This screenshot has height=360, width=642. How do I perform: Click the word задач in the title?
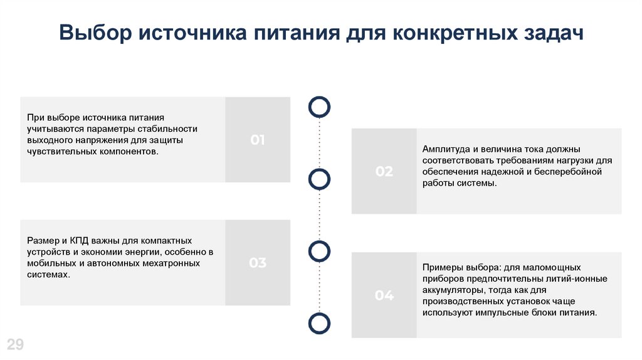(x=552, y=33)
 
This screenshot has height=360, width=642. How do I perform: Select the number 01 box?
(x=258, y=140)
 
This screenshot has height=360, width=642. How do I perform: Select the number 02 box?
(x=384, y=171)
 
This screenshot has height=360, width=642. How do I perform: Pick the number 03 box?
(x=258, y=263)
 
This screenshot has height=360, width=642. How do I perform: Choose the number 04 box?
(x=384, y=295)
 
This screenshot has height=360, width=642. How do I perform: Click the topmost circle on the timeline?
(x=320, y=107)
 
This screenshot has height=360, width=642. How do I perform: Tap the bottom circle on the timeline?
(x=320, y=323)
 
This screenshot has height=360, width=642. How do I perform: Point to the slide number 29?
(x=15, y=344)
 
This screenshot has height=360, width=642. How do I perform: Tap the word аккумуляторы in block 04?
(x=452, y=290)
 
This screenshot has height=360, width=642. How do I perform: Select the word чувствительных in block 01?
(x=60, y=151)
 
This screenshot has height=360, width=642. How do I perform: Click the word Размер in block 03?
(x=42, y=241)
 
